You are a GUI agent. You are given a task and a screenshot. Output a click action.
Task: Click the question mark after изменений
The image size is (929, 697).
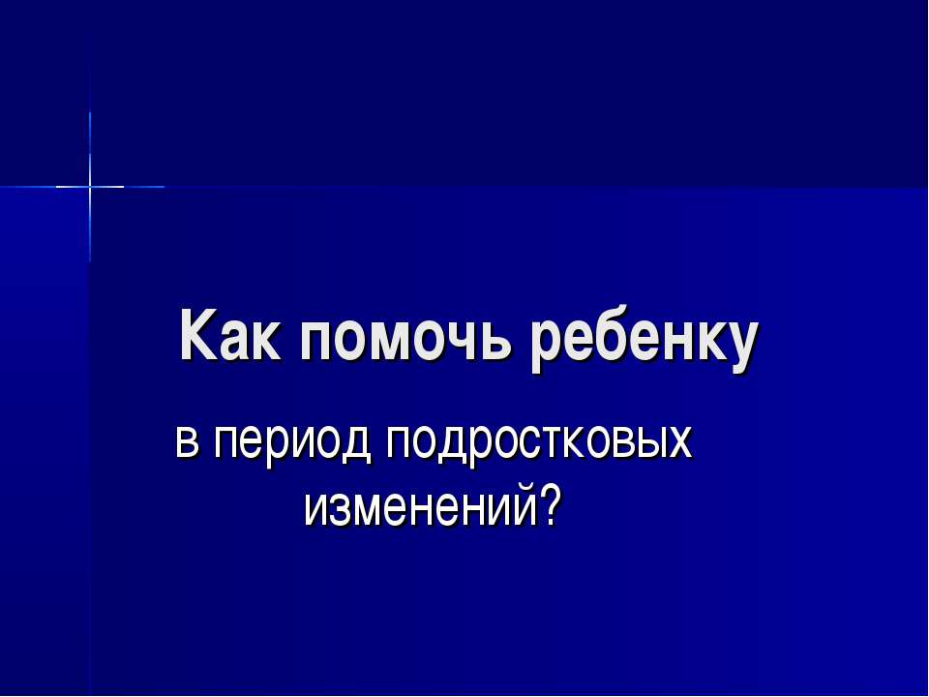point(551,502)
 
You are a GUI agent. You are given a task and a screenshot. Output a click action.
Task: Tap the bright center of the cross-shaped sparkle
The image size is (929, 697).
point(90,185)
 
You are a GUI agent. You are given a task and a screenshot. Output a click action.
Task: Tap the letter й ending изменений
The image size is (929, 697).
point(523,502)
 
